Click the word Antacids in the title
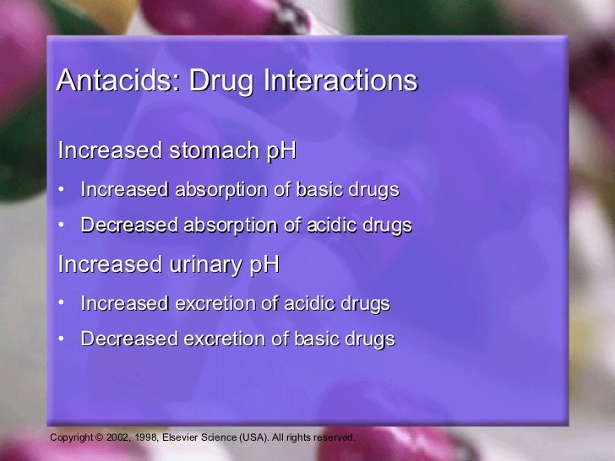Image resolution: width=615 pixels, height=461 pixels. [x=116, y=81]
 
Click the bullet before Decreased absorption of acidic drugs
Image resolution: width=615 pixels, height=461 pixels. [x=62, y=225]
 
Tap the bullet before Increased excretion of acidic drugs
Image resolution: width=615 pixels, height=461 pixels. [x=62, y=302]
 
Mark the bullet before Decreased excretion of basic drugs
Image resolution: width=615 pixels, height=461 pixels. [x=62, y=339]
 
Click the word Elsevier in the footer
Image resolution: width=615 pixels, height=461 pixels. [x=182, y=437]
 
